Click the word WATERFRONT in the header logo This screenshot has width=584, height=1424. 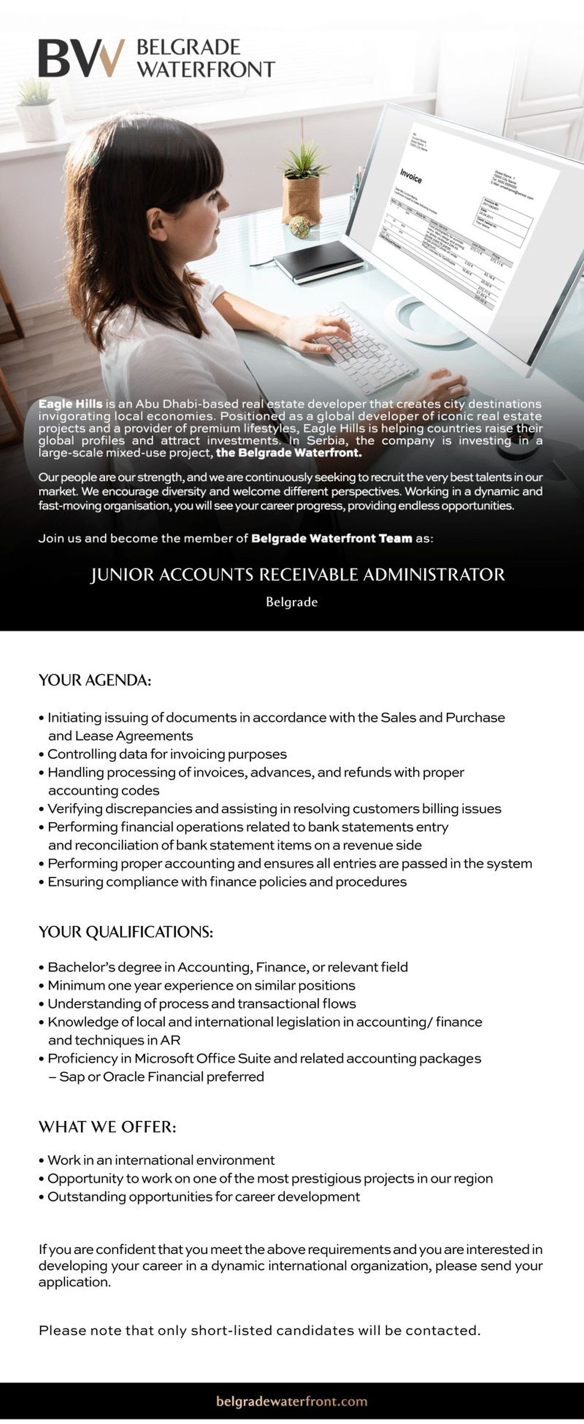205,70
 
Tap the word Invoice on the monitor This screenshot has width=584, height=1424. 411,176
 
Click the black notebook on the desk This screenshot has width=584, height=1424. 319,260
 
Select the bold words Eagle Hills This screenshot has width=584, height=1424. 70,404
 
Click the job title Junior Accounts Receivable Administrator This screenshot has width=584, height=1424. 297,575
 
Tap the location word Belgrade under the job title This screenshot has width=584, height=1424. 292,602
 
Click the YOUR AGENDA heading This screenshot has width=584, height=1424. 94,681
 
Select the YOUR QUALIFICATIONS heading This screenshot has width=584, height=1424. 126,932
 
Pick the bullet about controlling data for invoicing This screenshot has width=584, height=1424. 166,754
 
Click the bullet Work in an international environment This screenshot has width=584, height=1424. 160,1160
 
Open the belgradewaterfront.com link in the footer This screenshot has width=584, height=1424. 292,1401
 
